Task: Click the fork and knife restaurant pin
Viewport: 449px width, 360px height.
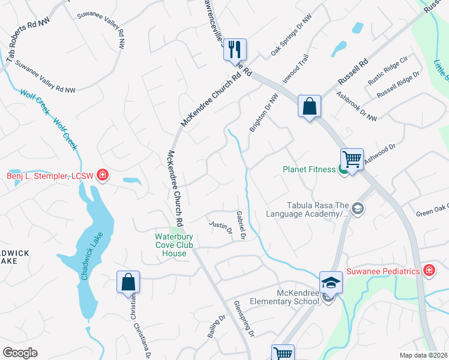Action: (235, 49)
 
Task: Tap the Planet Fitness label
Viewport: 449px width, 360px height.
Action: (309, 169)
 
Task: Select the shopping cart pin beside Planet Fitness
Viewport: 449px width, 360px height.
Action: (351, 160)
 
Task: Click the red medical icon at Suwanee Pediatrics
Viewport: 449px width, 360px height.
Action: (429, 271)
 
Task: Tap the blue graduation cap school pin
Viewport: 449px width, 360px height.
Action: (331, 282)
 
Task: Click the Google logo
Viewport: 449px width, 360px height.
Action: (20, 353)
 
